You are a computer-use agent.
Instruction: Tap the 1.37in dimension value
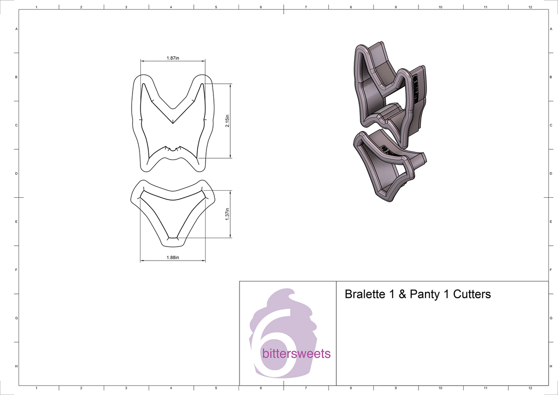coord(226,214)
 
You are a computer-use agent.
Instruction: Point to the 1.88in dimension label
coord(173,257)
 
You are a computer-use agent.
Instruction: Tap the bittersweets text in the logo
coord(296,354)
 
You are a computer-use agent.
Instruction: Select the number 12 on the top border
coord(530,7)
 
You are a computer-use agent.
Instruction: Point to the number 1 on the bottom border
coord(37,388)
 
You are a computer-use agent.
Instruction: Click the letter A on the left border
coord(17,29)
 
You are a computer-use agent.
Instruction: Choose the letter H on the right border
coord(551,367)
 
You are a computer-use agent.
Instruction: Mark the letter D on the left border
coord(17,174)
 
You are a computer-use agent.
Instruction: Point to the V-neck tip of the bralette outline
coord(173,123)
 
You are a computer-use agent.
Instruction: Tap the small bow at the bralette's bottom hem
coord(173,149)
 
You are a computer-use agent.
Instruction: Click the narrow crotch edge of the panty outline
coord(173,238)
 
